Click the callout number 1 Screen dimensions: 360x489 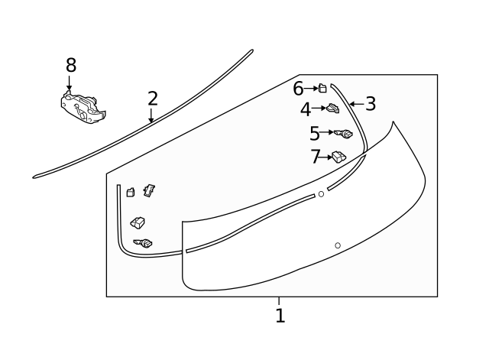280,315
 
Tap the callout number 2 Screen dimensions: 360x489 153,98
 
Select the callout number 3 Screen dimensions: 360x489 371,103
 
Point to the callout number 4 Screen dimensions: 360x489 306,109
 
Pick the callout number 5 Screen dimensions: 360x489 315,133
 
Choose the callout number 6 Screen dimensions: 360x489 298,89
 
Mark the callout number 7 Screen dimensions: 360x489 316,157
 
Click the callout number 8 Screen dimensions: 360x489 70,65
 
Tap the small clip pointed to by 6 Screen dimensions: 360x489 322,88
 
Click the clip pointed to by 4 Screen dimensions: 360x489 333,108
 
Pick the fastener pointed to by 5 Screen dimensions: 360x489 344,134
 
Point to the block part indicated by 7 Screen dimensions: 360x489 338,157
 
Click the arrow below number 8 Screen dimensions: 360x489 70,83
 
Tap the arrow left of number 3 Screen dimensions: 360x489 355,103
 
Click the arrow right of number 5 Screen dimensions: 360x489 328,132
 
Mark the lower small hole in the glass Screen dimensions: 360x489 338,245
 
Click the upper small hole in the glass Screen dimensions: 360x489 321,194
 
